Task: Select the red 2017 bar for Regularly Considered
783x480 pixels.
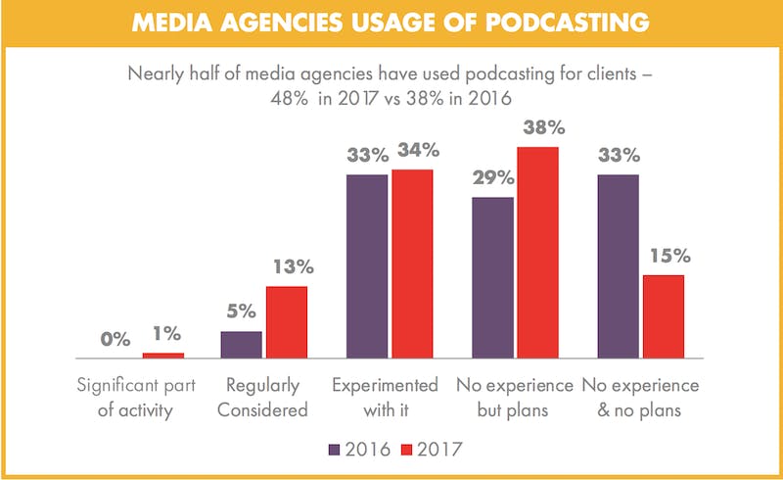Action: point(286,323)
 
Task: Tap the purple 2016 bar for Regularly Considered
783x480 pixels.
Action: point(242,346)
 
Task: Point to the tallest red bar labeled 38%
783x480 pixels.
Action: point(537,254)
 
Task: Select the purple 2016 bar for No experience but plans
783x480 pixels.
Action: point(493,278)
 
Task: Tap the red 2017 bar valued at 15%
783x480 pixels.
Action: point(663,317)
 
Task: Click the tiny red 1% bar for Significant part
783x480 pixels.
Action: point(162,356)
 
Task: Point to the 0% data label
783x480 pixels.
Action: point(115,340)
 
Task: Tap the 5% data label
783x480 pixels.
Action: point(241,312)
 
